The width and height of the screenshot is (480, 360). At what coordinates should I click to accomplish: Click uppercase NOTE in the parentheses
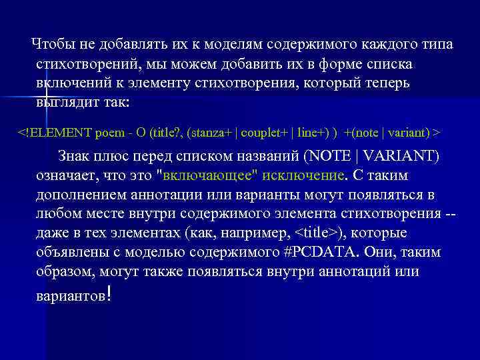(331, 157)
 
